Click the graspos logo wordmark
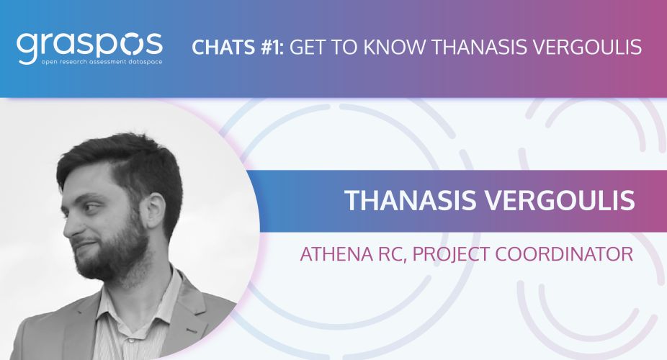(90, 45)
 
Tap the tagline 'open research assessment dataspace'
(102, 62)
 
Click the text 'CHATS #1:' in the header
(238, 47)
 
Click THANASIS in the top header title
(477, 47)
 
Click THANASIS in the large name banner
(411, 200)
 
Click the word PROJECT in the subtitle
(450, 254)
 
